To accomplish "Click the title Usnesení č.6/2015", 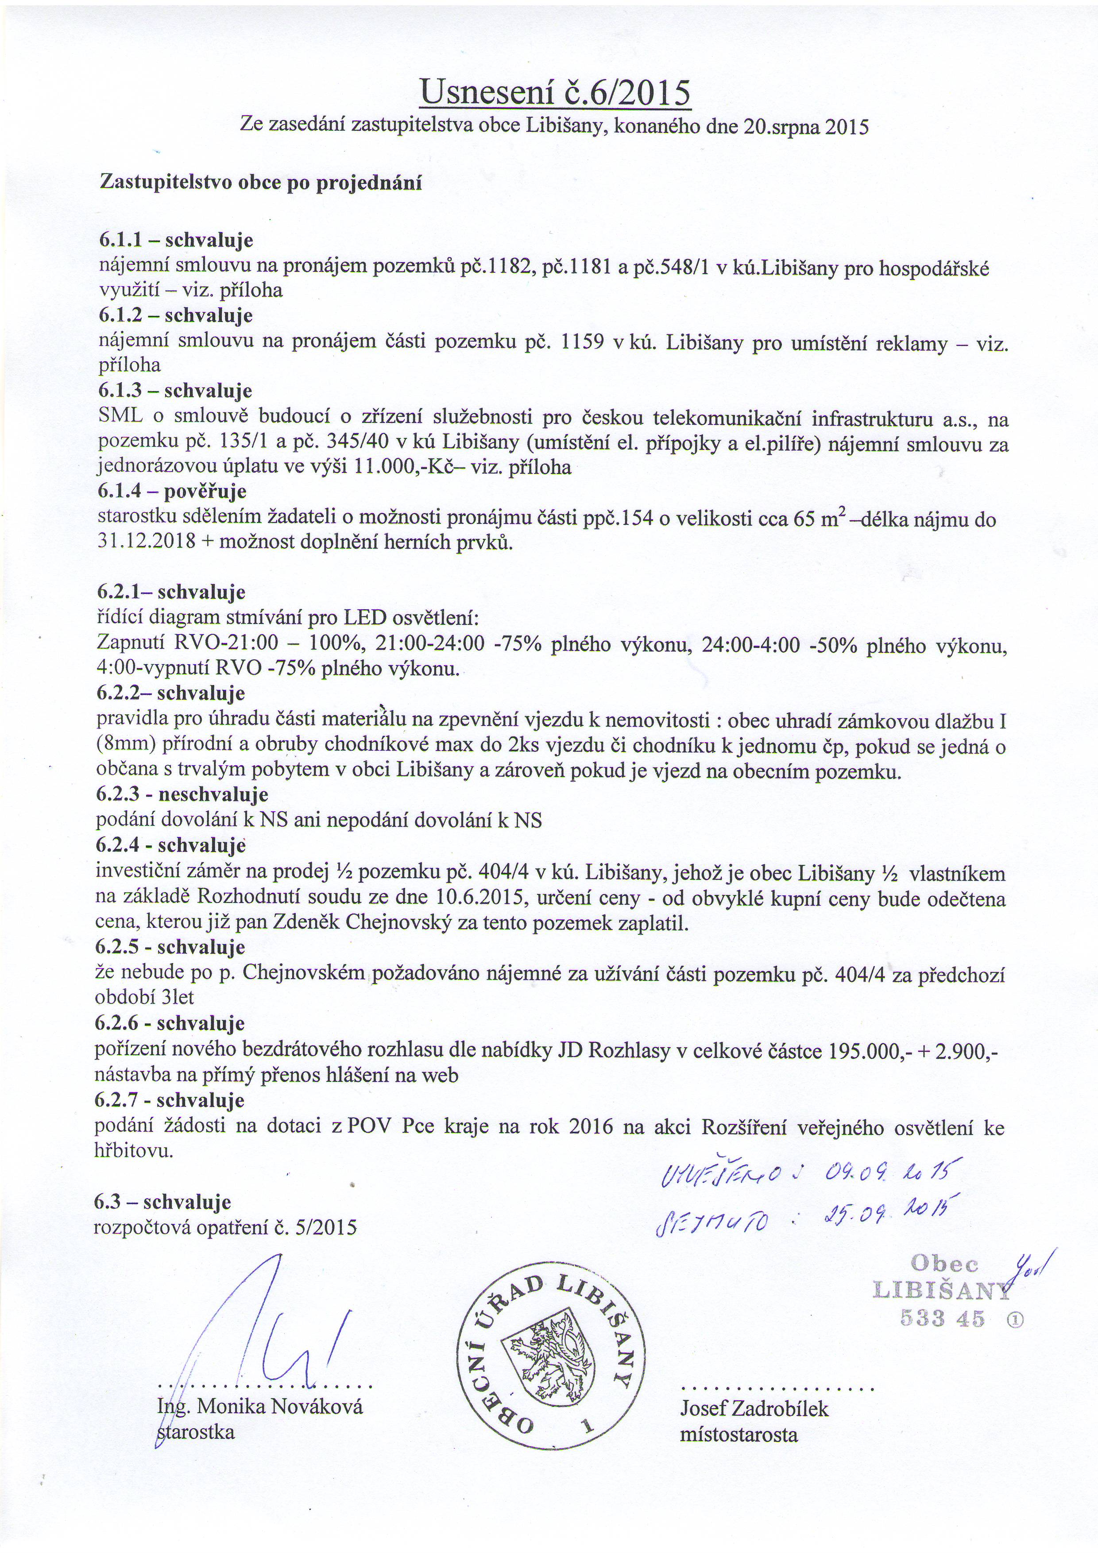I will (x=555, y=93).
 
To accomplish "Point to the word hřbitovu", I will (x=134, y=1151).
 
